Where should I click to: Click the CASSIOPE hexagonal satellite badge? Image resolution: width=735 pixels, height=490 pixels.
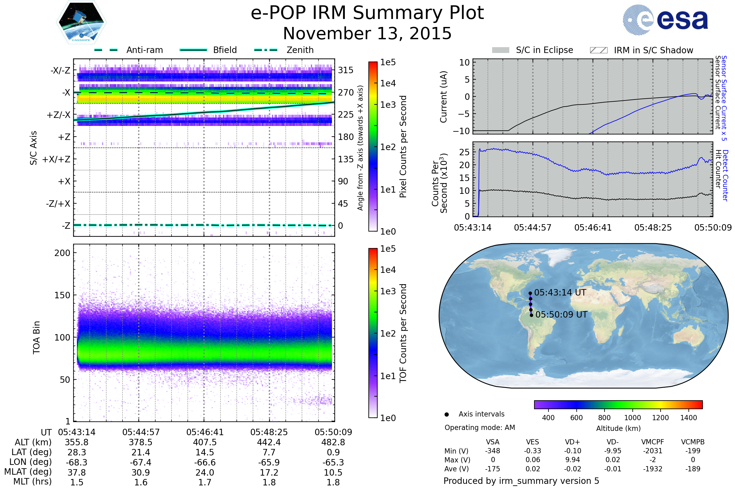[81, 22]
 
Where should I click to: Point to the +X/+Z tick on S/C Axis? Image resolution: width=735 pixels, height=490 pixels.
[56, 159]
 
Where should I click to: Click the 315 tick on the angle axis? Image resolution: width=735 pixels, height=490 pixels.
[345, 70]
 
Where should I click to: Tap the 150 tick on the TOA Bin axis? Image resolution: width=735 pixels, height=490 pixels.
[62, 295]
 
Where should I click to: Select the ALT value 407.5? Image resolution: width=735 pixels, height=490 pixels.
[205, 442]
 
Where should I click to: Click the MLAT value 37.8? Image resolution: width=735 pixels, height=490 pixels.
[77, 472]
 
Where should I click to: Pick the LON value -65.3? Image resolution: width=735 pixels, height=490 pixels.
[333, 462]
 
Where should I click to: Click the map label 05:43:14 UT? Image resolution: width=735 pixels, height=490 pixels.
[560, 292]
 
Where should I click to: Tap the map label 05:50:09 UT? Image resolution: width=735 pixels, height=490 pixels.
[561, 315]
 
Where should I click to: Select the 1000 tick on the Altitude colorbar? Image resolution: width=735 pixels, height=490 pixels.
[632, 417]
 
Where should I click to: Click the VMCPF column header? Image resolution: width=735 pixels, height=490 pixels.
[653, 442]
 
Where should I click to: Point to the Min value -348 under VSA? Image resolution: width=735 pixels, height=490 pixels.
[492, 450]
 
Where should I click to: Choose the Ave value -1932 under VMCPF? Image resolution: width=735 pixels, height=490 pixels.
[653, 469]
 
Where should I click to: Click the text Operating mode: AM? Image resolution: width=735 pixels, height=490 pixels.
[480, 428]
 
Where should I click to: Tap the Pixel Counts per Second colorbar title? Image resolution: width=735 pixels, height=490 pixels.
[403, 146]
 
